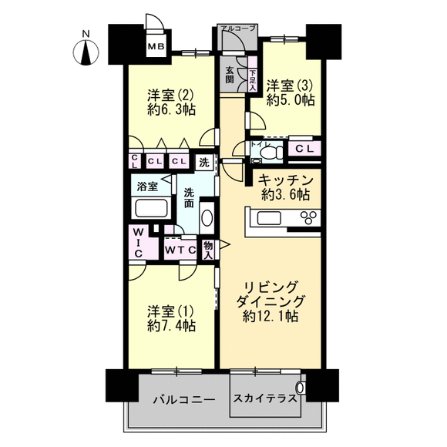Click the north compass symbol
(86, 52)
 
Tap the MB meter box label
(156, 46)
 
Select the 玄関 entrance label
(230, 75)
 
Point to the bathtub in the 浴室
(151, 208)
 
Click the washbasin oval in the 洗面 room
(207, 218)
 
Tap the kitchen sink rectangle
(269, 219)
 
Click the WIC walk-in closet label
(139, 242)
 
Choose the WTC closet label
(180, 250)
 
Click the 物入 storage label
(208, 250)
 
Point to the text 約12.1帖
(271, 316)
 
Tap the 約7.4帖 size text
(172, 325)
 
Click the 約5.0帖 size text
(291, 100)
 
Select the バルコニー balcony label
(184, 400)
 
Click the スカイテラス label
(265, 398)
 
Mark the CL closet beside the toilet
(304, 149)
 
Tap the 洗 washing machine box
(204, 163)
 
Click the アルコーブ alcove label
(238, 28)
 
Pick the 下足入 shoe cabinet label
(253, 80)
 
